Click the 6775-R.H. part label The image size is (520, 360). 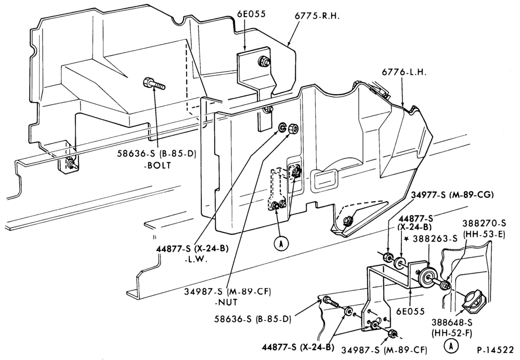(317, 16)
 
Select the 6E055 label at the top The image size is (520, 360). (251, 14)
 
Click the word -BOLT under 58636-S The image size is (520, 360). (157, 165)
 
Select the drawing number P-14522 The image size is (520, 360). (496, 350)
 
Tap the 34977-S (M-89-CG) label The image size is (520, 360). (452, 195)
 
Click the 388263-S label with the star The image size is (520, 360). (431, 238)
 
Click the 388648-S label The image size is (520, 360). (452, 322)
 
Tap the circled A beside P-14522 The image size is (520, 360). (451, 346)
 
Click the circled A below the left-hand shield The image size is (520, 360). (281, 243)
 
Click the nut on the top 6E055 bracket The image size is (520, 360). (264, 61)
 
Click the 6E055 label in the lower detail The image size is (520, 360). (411, 311)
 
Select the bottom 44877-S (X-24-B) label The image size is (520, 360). (298, 347)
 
